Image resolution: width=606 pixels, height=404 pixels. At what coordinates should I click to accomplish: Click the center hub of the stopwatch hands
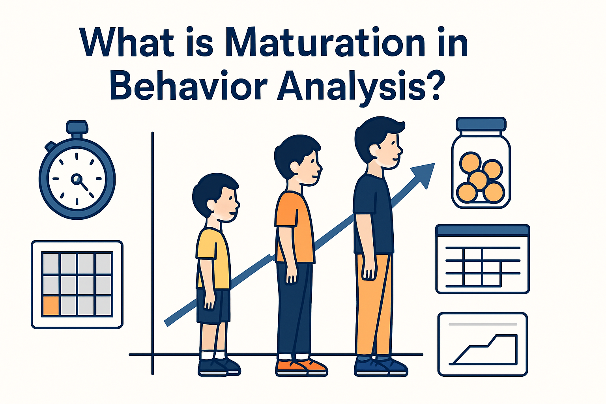(x=77, y=180)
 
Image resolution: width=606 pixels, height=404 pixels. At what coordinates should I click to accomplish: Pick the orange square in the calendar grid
(x=50, y=306)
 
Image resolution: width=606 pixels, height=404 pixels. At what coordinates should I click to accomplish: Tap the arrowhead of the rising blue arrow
(x=424, y=174)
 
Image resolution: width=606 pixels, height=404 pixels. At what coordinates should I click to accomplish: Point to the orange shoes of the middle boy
(x=302, y=367)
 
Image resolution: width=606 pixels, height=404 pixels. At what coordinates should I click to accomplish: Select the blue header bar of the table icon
(x=483, y=230)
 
